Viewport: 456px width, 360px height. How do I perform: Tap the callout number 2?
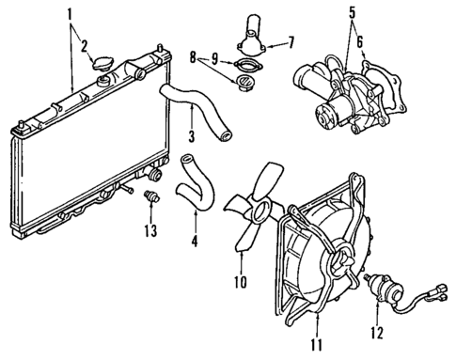click(85, 44)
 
